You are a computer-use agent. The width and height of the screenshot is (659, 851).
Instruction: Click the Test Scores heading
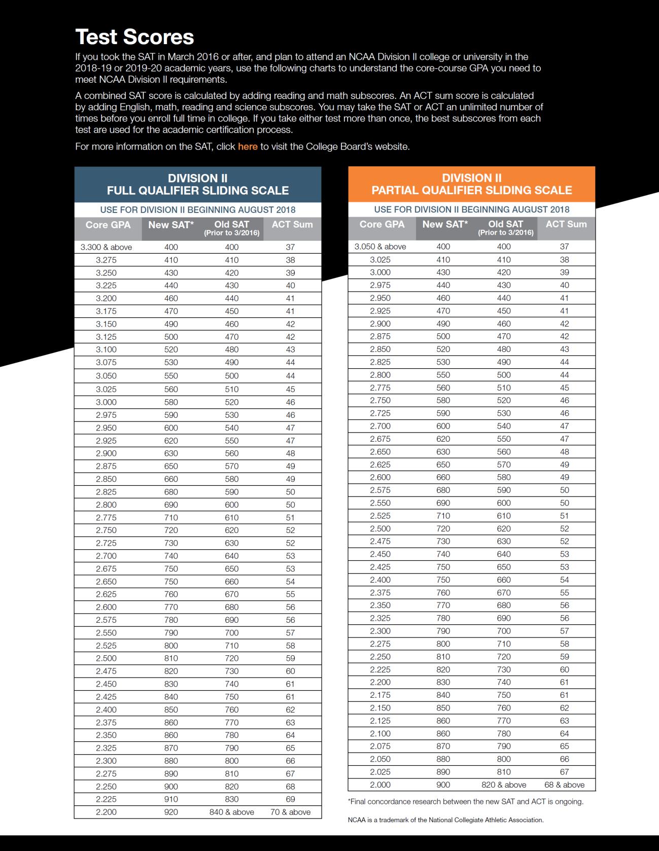(134, 37)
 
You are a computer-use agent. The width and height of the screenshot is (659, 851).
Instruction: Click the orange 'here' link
(248, 147)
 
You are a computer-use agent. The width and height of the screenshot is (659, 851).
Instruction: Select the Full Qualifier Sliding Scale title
(198, 185)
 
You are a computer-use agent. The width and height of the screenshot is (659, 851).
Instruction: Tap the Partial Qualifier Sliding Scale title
(472, 184)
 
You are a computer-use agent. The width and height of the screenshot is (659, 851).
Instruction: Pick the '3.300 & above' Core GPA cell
(106, 247)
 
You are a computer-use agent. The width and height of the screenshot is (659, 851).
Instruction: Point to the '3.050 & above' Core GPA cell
(380, 247)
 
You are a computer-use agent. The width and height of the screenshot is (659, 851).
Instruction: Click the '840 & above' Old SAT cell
(232, 812)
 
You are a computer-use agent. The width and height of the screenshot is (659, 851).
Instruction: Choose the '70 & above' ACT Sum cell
(290, 812)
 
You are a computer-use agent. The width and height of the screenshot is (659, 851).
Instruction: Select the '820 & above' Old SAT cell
(504, 785)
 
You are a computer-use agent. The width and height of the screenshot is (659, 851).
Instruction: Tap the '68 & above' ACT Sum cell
(564, 785)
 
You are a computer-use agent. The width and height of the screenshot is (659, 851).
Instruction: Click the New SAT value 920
(171, 812)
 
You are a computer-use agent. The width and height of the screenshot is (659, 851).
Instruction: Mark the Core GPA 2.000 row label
(380, 785)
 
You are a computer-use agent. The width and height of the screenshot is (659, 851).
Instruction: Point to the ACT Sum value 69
(290, 799)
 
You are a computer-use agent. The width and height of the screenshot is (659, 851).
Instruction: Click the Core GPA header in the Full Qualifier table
(108, 225)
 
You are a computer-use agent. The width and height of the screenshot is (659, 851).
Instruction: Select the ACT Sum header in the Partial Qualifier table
(566, 224)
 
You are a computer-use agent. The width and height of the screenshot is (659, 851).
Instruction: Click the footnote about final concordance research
(466, 802)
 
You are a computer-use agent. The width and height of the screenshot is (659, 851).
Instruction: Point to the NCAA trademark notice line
(445, 820)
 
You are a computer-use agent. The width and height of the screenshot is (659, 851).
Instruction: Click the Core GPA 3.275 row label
(106, 260)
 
